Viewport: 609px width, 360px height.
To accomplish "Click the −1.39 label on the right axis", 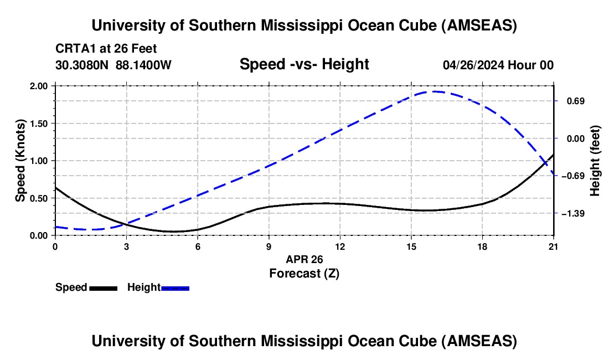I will tap(572, 213).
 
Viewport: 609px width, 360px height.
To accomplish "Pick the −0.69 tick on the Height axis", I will tap(572, 176).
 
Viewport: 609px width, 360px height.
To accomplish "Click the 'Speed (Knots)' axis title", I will tap(20, 160).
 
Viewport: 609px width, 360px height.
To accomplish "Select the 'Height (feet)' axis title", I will tap(595, 161).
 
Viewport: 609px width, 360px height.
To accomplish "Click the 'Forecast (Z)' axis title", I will tap(304, 273).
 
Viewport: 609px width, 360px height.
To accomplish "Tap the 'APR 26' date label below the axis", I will tap(304, 259).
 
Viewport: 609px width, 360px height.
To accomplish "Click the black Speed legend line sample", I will tap(103, 288).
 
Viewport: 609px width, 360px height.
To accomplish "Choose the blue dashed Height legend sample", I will tap(175, 288).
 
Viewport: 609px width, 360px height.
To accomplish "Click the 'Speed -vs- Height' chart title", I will tap(304, 64).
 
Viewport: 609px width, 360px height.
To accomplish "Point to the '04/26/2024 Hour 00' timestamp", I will tap(498, 65).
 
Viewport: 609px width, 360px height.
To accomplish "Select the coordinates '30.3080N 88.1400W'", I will tap(113, 65).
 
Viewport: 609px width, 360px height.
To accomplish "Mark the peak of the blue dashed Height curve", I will tap(435, 91).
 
